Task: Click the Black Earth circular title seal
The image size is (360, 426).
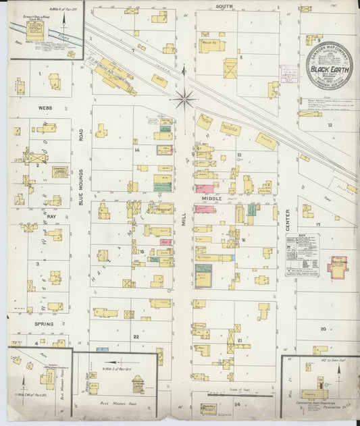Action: point(329,65)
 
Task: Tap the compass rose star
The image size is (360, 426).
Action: point(183,99)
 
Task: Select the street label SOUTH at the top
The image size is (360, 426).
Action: point(224,6)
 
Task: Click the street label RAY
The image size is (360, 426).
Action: point(51,217)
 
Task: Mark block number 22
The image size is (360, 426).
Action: point(135,336)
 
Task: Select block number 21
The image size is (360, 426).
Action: point(240,341)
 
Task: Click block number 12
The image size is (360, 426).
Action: point(330,126)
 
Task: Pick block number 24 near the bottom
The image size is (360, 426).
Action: point(236,404)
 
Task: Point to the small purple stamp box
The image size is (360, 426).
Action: point(290,74)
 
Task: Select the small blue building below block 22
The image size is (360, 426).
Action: point(102,350)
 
